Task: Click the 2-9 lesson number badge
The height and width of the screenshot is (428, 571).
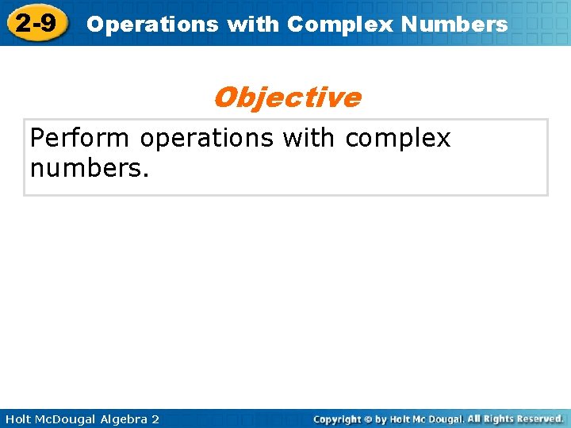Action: pyautogui.click(x=36, y=23)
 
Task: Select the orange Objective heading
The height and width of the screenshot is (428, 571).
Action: pyautogui.click(x=286, y=97)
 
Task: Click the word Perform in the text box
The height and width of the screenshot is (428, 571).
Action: pyautogui.click(x=79, y=139)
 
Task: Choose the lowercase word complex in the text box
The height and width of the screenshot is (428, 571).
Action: pyautogui.click(x=397, y=139)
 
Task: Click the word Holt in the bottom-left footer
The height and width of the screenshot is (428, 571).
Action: pyautogui.click(x=19, y=418)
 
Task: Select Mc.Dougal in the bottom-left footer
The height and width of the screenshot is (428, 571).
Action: pyautogui.click(x=70, y=418)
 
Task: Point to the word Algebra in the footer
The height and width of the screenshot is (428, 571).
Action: pyautogui.click(x=126, y=418)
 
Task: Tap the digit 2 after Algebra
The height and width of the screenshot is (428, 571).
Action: pyautogui.click(x=155, y=418)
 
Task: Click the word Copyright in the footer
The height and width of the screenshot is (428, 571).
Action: pyautogui.click(x=338, y=418)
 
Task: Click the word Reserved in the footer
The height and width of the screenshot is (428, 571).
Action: pyautogui.click(x=542, y=418)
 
